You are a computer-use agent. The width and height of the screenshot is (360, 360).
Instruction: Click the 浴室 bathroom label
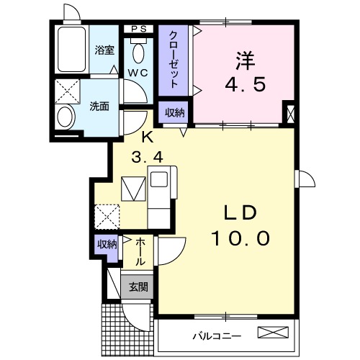pos(105,50)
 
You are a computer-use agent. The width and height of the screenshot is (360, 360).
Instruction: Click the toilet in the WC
pos(139,52)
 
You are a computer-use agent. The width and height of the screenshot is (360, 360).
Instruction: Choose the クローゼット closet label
pos(175,58)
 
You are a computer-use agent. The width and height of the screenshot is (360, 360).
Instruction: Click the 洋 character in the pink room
pos(246,60)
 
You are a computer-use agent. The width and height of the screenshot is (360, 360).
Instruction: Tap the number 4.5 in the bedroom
pos(246,84)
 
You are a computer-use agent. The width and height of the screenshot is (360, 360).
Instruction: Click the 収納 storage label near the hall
pos(107,245)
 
